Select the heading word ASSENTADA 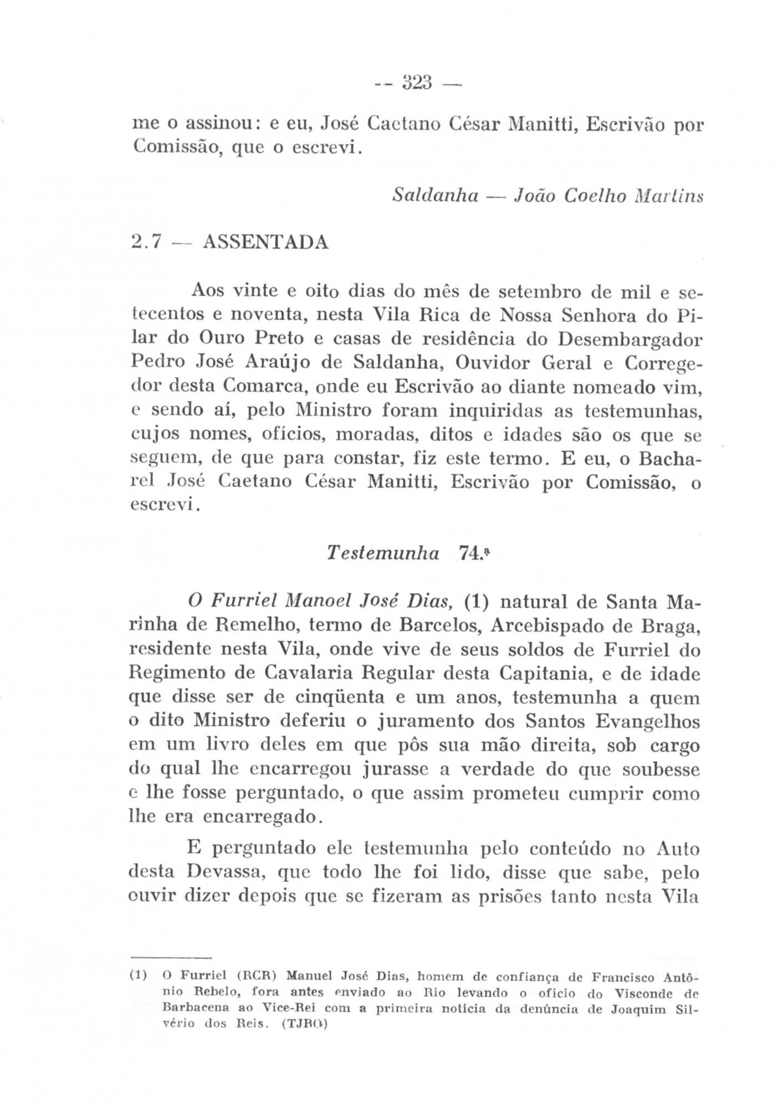coord(266,242)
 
